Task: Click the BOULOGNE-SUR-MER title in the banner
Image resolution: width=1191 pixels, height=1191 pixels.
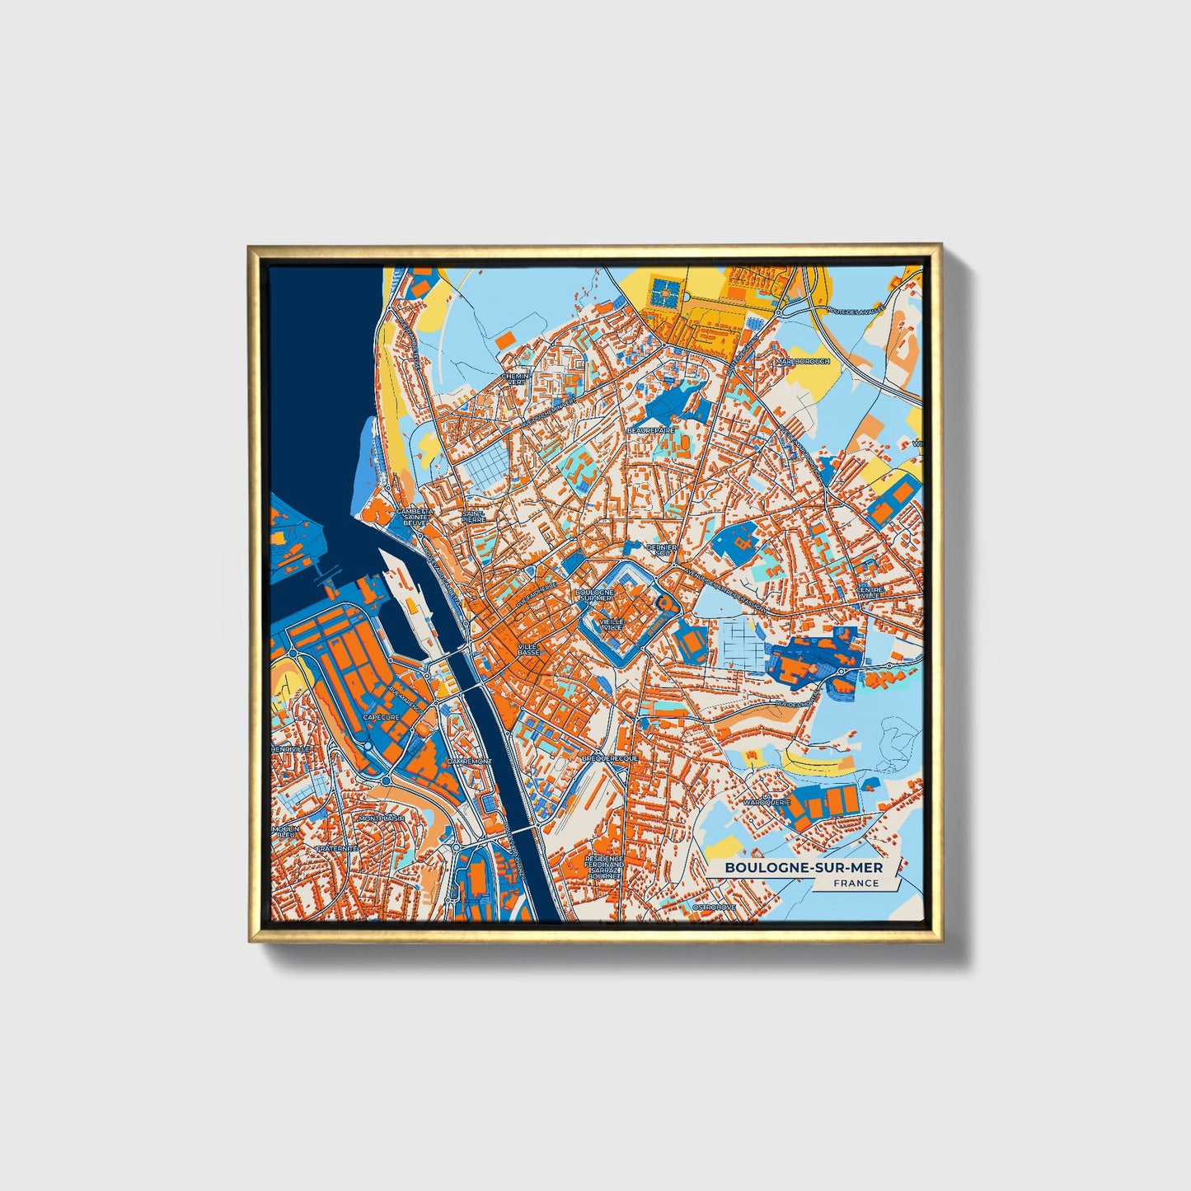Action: point(803,868)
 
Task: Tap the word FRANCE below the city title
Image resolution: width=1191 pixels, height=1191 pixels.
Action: point(856,884)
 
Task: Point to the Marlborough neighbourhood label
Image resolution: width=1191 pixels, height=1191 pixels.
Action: point(802,362)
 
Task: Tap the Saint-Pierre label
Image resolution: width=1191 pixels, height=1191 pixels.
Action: point(473,517)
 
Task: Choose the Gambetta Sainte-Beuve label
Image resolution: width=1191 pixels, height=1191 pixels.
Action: point(414,517)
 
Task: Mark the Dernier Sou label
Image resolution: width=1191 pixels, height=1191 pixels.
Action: point(662,549)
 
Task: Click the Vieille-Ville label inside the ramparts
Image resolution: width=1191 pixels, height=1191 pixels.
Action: point(612,624)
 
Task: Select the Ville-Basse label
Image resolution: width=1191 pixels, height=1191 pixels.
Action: point(528,649)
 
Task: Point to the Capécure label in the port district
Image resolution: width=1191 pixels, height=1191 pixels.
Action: point(381,718)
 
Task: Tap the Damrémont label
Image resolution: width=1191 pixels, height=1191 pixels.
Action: point(468,762)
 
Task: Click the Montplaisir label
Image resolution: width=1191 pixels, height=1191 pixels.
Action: point(382,818)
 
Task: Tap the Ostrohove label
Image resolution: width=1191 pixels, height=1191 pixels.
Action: point(714,907)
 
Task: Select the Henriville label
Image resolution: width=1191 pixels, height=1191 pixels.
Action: point(289,748)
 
